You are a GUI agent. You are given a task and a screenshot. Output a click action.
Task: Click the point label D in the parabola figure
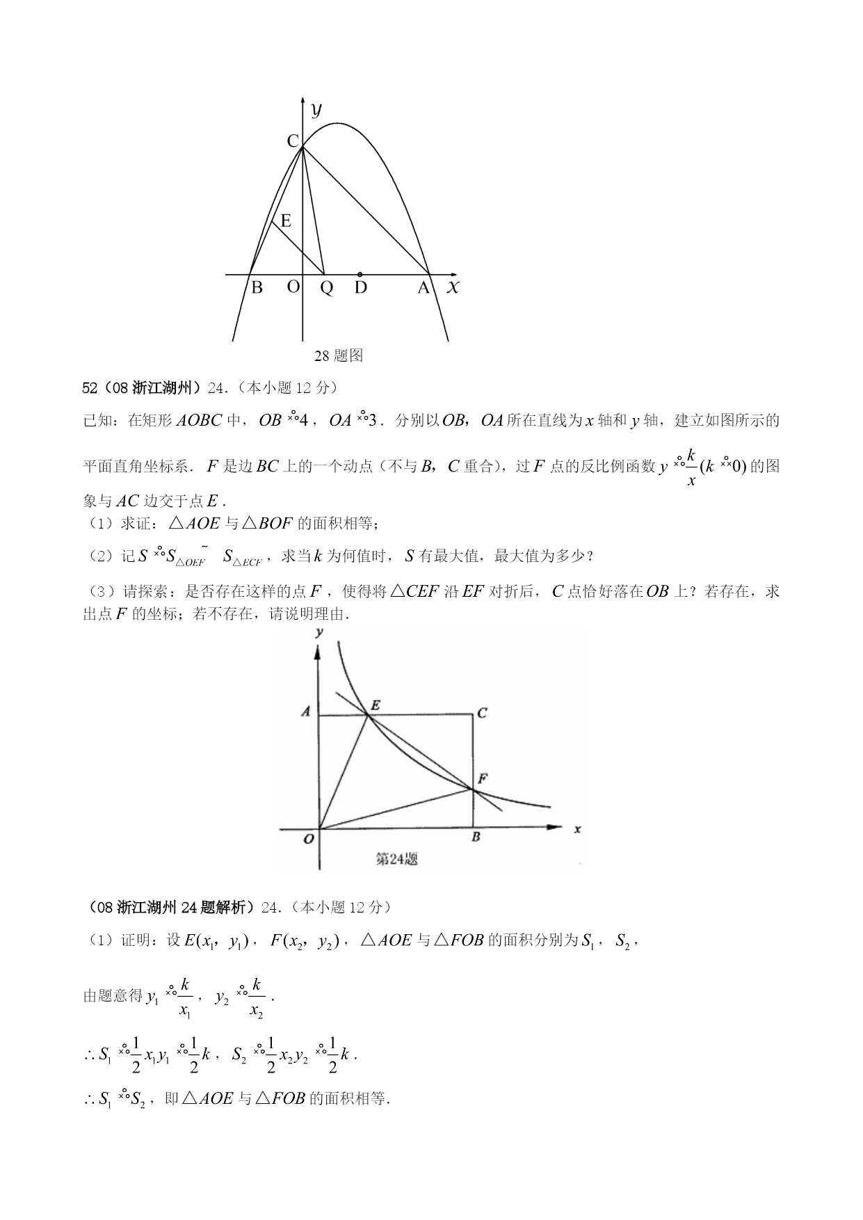[360, 287]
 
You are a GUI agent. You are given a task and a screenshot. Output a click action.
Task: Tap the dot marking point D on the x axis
[360, 275]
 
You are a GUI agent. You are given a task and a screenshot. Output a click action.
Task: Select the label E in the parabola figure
[285, 221]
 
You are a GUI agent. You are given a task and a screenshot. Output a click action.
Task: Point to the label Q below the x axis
[326, 288]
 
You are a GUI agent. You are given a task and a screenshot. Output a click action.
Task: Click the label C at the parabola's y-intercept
[293, 141]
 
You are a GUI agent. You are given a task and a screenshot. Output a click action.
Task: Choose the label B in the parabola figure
[257, 287]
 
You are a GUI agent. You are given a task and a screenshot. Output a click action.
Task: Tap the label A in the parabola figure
[424, 287]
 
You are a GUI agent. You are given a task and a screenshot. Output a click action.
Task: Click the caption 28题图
[339, 355]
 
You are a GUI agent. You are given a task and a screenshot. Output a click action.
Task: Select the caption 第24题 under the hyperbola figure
[396, 858]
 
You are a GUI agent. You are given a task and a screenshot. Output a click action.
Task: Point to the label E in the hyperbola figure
[375, 705]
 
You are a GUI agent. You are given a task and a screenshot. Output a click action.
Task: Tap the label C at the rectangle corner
[482, 713]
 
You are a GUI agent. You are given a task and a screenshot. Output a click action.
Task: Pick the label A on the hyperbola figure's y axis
[305, 712]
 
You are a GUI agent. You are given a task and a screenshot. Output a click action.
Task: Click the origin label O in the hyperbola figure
[309, 838]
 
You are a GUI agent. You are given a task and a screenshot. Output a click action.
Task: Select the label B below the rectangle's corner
[476, 837]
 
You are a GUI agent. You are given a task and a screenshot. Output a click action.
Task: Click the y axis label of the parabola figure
[316, 109]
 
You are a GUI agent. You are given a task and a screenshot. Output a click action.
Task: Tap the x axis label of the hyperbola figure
[577, 828]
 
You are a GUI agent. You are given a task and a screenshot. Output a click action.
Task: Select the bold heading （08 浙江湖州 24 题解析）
[172, 907]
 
